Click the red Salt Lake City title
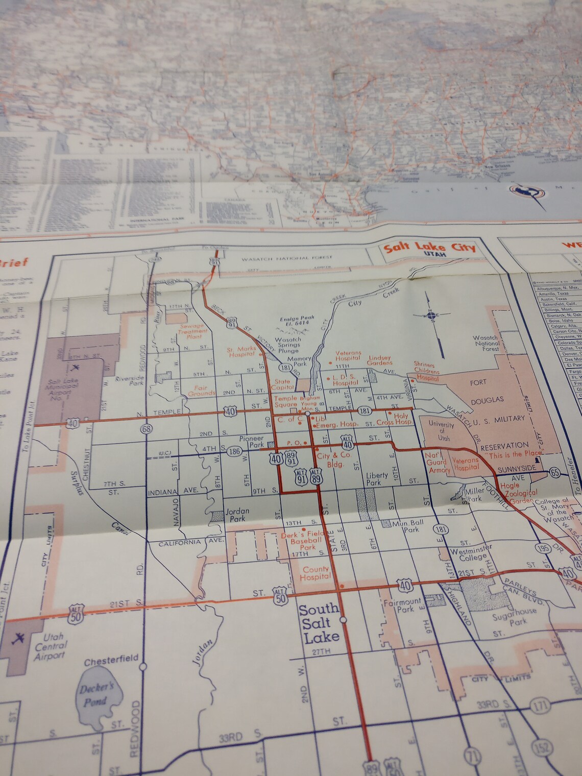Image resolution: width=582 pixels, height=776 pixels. point(429,249)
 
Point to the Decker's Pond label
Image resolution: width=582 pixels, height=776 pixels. point(95,695)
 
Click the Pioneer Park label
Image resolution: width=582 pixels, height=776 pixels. point(251,441)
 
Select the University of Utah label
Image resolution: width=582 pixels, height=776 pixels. point(441,431)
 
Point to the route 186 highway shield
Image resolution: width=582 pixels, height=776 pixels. point(235,451)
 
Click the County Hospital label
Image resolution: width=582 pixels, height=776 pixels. point(316,573)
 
